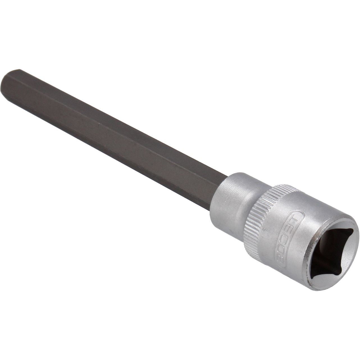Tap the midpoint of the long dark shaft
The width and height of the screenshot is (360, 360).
tap(112, 132)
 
